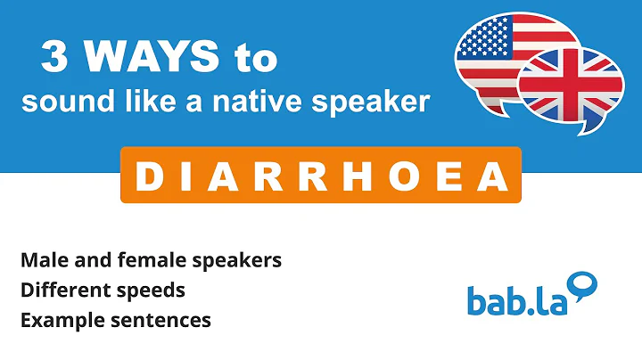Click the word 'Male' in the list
pyautogui.click(x=41, y=260)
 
